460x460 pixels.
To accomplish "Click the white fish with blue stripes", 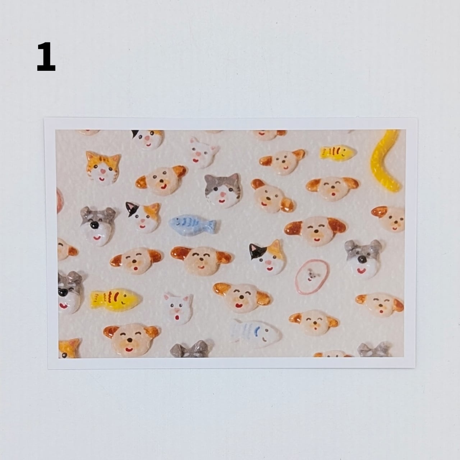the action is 256,333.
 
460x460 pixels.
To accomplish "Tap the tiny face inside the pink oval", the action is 311,276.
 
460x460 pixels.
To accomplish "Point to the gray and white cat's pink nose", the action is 223,195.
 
